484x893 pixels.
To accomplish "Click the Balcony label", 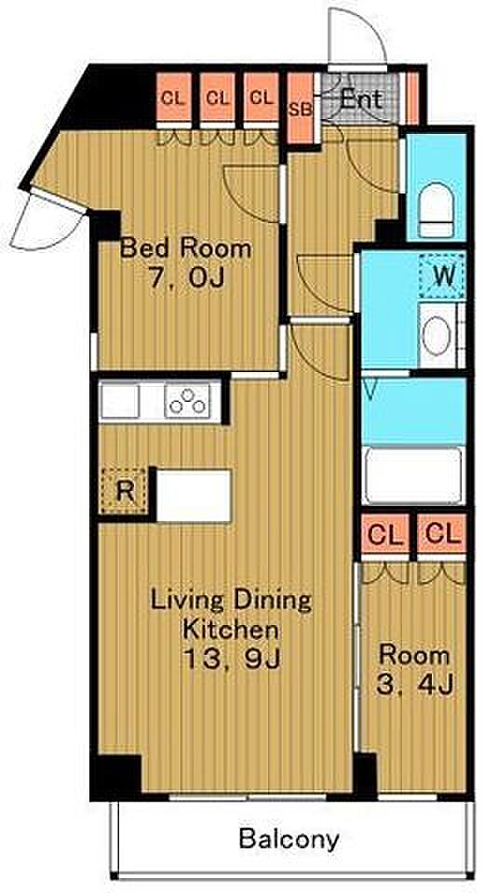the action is (289, 839).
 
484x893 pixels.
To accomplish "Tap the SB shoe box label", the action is (300, 110).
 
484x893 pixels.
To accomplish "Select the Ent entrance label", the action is (360, 100).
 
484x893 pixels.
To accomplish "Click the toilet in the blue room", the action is (437, 209).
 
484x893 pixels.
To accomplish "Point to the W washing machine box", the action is (444, 276).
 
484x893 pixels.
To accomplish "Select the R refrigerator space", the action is (125, 490).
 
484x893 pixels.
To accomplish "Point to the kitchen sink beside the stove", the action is (120, 400).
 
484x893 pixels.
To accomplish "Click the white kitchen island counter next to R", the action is (194, 496).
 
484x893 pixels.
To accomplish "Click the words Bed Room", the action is (186, 248).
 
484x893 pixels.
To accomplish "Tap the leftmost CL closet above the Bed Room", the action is (173, 98).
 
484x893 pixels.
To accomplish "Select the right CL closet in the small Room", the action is (442, 534).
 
